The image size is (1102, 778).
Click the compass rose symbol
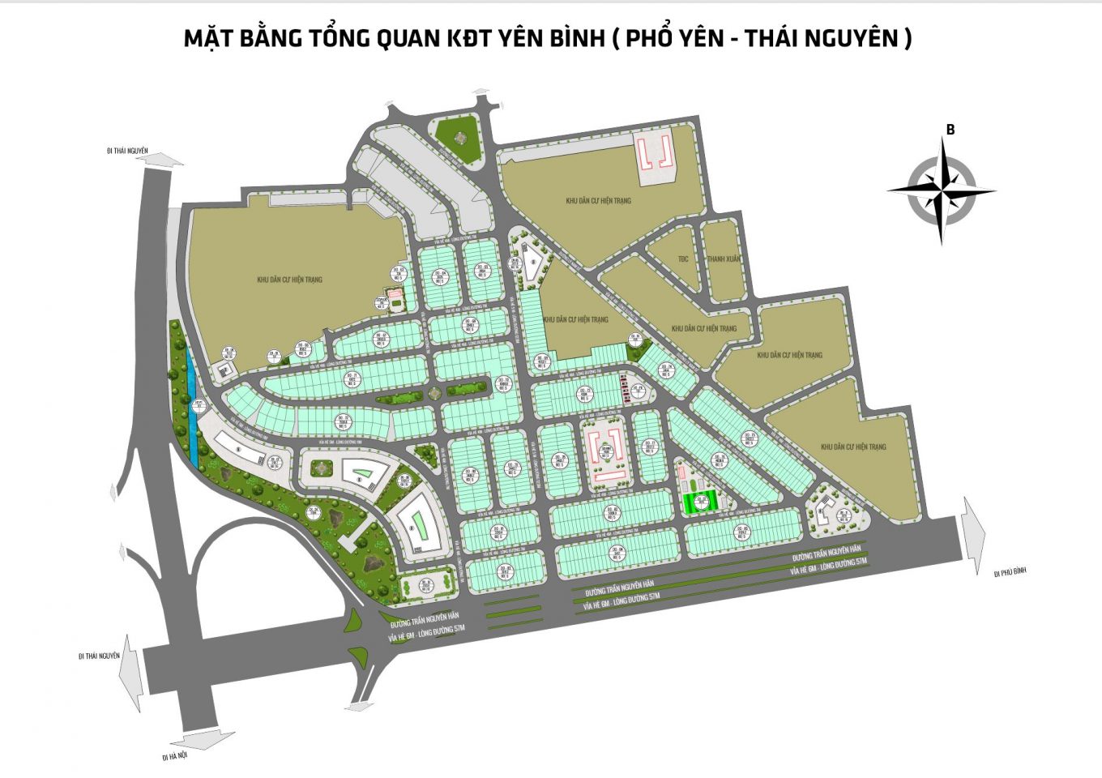pyautogui.click(x=941, y=191)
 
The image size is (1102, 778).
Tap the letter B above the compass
pyautogui.click(x=950, y=130)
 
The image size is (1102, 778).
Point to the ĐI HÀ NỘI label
pyautogui.click(x=174, y=756)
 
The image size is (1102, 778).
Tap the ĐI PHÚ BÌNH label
pyautogui.click(x=1010, y=572)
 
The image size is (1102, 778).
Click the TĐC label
pyautogui.click(x=683, y=259)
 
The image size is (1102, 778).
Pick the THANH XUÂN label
pyautogui.click(x=723, y=259)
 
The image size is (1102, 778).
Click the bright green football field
pyautogui.click(x=699, y=502)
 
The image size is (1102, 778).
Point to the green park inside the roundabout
pyautogui.click(x=457, y=134)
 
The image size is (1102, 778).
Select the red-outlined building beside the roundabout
pyautogui.click(x=653, y=152)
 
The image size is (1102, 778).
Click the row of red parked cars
pyautogui.click(x=624, y=390)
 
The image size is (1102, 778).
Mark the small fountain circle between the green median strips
pyautogui.click(x=435, y=392)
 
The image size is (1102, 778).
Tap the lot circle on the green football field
pyautogui.click(x=701, y=499)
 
